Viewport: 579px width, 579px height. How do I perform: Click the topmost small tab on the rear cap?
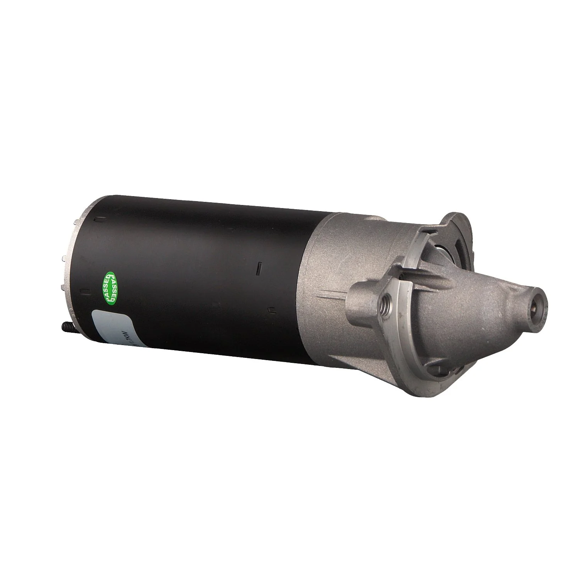tap(74, 222)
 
